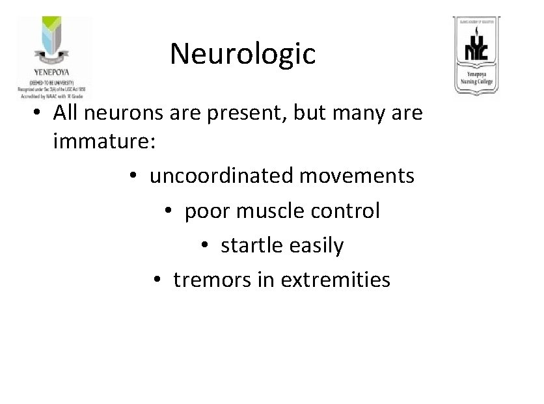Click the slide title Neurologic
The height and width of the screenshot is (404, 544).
pyautogui.click(x=243, y=54)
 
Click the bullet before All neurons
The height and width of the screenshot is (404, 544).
pyautogui.click(x=40, y=113)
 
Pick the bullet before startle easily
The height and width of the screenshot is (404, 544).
pyautogui.click(x=205, y=245)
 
